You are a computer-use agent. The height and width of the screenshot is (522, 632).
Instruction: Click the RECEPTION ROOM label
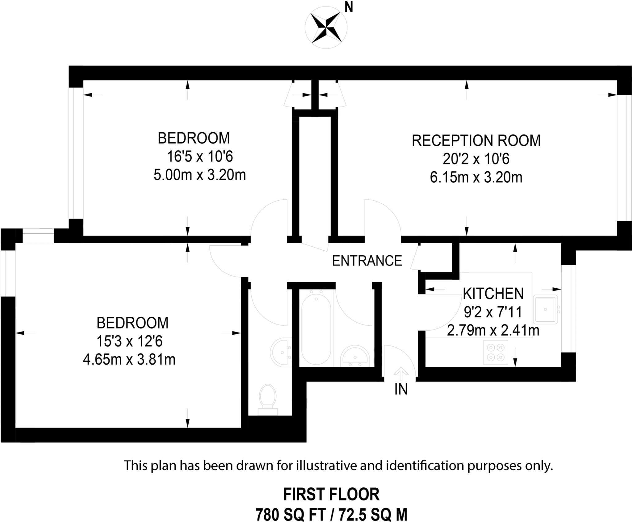476,141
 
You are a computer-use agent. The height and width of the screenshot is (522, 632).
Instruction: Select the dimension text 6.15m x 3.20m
476,178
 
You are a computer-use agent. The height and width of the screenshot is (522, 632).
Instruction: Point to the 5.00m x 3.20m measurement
200,175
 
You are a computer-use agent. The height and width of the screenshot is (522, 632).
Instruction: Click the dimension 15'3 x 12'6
129,342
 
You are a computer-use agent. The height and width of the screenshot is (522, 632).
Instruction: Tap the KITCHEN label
493,294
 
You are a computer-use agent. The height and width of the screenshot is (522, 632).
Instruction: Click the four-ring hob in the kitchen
496,352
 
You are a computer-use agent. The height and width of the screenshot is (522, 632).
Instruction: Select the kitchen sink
546,309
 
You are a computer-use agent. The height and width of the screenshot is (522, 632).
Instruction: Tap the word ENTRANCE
367,261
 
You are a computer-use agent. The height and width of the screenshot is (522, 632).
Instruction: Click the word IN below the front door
401,389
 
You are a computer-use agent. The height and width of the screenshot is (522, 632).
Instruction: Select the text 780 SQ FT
290,515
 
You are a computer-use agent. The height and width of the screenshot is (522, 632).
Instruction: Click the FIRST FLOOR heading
331,494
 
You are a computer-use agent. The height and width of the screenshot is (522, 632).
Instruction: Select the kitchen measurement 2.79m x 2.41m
493,331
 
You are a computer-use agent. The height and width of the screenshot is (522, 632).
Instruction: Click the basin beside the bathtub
355,356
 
